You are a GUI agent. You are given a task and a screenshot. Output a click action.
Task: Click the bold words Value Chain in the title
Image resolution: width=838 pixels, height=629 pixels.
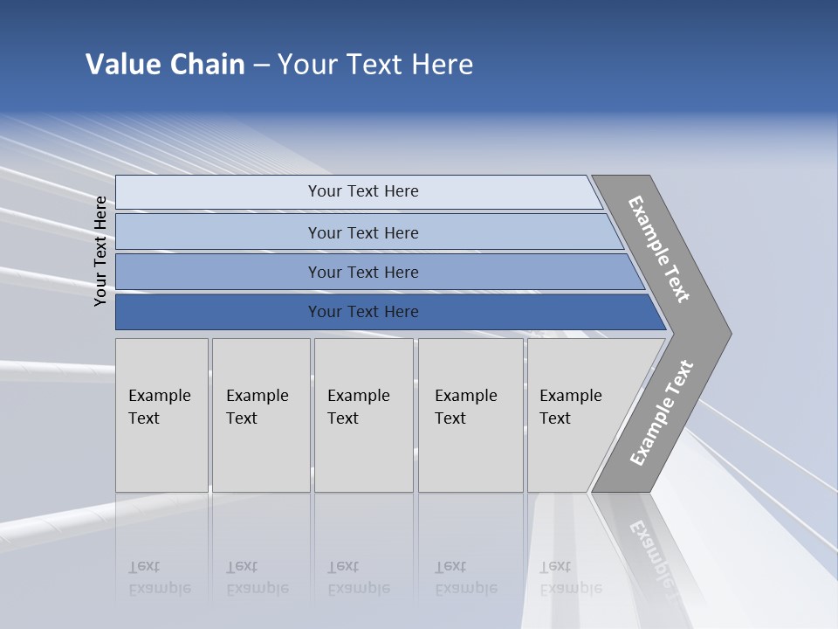pyautogui.click(x=165, y=65)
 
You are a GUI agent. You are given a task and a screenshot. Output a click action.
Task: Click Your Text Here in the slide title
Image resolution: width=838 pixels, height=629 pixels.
pyautogui.click(x=375, y=65)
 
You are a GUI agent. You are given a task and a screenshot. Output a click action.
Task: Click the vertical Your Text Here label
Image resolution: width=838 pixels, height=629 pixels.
pyautogui.click(x=100, y=251)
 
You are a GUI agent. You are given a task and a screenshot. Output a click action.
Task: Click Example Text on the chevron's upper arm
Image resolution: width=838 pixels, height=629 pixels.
pyautogui.click(x=659, y=248)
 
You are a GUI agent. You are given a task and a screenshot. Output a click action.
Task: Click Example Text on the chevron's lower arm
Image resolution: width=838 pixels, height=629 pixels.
pyautogui.click(x=662, y=412)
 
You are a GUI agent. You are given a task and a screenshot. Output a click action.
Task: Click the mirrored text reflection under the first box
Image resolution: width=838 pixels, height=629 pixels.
pyautogui.click(x=159, y=577)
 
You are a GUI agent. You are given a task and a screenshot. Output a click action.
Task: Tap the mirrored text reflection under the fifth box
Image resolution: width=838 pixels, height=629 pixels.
pyautogui.click(x=570, y=577)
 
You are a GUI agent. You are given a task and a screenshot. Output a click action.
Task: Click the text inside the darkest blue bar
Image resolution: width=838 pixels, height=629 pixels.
pyautogui.click(x=363, y=312)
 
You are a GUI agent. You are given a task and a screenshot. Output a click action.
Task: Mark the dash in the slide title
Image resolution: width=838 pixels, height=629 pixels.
pyautogui.click(x=261, y=66)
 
